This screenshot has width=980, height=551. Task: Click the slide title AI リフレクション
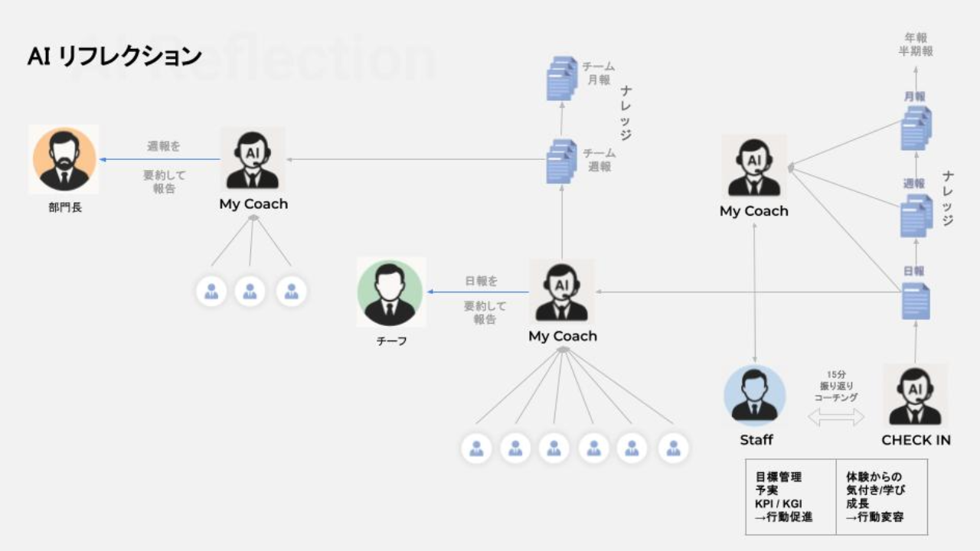click(115, 57)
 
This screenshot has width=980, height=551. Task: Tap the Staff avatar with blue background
click(755, 396)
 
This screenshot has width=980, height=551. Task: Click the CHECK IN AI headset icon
click(915, 396)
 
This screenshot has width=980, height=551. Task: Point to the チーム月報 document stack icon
click(562, 78)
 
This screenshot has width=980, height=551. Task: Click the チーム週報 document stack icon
click(562, 161)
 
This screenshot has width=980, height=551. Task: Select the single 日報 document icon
click(916, 300)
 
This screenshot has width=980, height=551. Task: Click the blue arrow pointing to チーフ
click(478, 292)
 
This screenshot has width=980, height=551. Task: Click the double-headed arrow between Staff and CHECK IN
click(836, 417)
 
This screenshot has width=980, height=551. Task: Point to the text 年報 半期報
click(916, 44)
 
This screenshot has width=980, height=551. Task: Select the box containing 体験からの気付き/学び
click(880, 497)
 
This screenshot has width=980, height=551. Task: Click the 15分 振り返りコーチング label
click(836, 386)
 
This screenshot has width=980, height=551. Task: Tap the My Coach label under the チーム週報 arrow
click(253, 204)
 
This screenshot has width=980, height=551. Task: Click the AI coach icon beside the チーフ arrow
click(562, 292)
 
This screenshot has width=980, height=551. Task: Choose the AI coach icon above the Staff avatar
click(754, 166)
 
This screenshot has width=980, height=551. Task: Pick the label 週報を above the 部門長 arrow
click(164, 146)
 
